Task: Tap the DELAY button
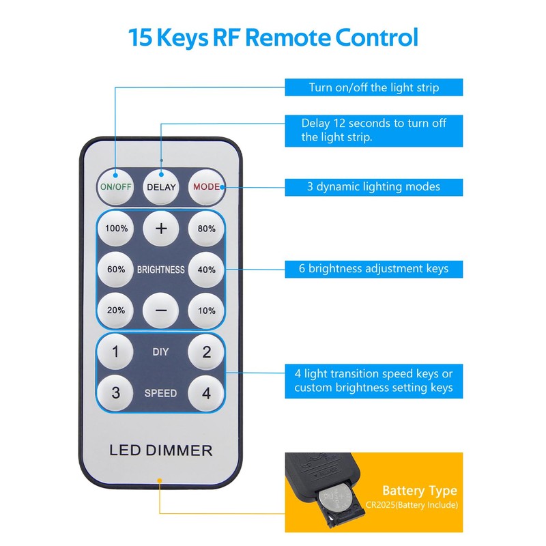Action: [161, 186]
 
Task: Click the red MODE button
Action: [206, 186]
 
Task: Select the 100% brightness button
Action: [116, 229]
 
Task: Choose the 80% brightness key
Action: [206, 229]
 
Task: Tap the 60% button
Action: [116, 270]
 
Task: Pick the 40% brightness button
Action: [206, 270]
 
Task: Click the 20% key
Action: [116, 310]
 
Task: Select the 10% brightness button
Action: [206, 310]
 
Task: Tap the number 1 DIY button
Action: [116, 352]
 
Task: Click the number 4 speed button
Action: [206, 393]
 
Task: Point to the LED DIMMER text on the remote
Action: [161, 450]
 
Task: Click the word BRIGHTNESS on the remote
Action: [161, 270]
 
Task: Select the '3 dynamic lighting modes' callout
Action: [373, 186]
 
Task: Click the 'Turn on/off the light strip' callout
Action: [373, 87]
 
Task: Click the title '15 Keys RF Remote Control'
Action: [273, 37]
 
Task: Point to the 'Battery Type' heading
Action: [419, 491]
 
